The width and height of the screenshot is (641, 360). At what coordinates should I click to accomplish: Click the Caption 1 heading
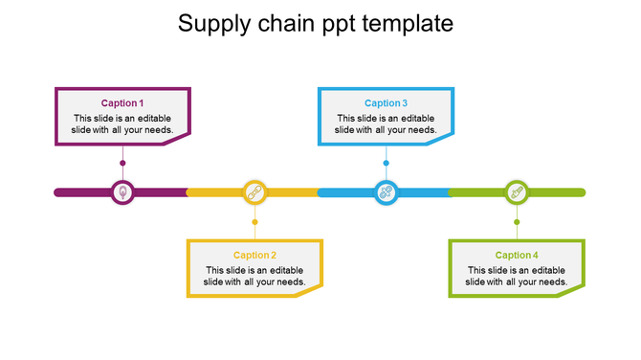122,103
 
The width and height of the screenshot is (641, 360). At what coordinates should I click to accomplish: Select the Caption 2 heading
254,256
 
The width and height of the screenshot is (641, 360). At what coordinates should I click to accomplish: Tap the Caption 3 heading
386,103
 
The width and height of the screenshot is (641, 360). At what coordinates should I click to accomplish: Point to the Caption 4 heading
517,256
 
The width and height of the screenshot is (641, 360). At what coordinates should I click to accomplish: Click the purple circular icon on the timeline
122,192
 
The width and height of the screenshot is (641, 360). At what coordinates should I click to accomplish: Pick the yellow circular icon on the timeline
254,192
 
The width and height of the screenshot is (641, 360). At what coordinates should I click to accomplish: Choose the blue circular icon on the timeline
386,192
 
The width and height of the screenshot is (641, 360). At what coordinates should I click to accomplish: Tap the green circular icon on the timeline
517,192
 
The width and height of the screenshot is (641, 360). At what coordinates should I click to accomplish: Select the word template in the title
413,24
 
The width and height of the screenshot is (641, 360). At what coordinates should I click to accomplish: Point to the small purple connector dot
122,163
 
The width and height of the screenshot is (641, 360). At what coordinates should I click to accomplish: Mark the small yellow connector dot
254,222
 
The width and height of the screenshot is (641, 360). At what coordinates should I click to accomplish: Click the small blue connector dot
386,163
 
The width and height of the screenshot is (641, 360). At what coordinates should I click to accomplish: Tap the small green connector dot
517,222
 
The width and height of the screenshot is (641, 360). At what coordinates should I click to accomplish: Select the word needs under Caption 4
555,281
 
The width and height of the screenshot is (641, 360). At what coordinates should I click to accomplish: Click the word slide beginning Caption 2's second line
215,281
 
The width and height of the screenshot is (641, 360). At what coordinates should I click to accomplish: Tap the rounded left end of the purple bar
57,192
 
